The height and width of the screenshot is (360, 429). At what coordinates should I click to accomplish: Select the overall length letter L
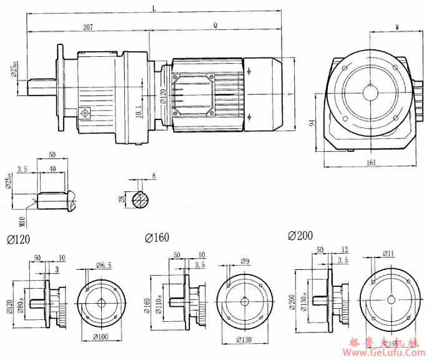coord(154,8)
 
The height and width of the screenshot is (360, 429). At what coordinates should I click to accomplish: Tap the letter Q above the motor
coord(215,26)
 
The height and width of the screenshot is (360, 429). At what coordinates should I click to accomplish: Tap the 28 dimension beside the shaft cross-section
coord(121,199)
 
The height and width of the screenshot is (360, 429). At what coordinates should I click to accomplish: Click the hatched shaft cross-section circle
coord(142,200)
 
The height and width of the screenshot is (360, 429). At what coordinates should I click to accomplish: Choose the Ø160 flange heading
coord(157,237)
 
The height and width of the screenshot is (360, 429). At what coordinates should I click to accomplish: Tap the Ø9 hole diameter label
coord(245,261)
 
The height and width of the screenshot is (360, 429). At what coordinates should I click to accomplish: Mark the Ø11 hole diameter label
coord(388,254)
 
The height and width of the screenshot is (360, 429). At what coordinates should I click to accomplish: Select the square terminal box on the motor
coord(194,94)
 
